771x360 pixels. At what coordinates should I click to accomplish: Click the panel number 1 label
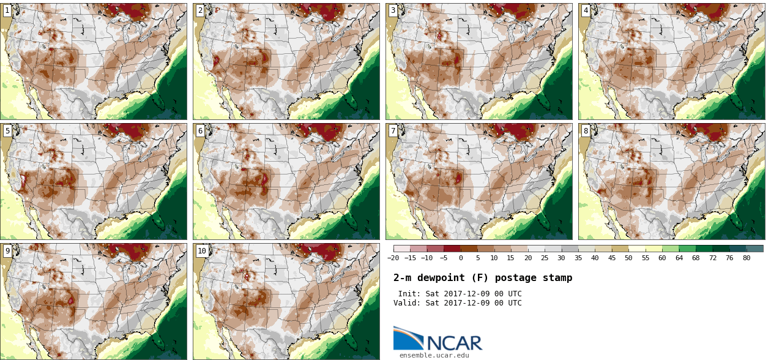(7, 10)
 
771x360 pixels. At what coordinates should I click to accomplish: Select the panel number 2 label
(200, 10)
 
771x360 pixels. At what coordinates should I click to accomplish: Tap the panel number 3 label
(393, 10)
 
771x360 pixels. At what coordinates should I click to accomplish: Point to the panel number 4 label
(586, 10)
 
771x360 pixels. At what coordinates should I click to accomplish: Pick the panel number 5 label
(7, 130)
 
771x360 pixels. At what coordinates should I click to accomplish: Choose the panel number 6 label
(200, 130)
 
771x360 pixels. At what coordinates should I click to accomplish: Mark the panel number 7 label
(393, 130)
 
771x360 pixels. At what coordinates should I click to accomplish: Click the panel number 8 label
(586, 130)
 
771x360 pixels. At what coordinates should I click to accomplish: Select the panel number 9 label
(7, 251)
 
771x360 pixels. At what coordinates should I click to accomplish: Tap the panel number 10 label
(202, 251)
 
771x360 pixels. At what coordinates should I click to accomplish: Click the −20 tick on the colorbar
(393, 258)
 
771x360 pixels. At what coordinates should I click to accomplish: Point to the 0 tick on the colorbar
(461, 258)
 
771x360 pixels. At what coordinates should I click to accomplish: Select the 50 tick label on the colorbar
(628, 258)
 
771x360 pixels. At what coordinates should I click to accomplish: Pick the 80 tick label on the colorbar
(747, 258)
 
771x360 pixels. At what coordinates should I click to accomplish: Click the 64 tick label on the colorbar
(679, 258)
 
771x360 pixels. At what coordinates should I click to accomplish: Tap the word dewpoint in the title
(439, 278)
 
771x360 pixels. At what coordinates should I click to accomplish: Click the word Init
(409, 294)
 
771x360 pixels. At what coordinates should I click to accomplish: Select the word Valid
(407, 303)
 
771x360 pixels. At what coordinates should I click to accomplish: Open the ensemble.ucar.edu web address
(434, 355)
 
